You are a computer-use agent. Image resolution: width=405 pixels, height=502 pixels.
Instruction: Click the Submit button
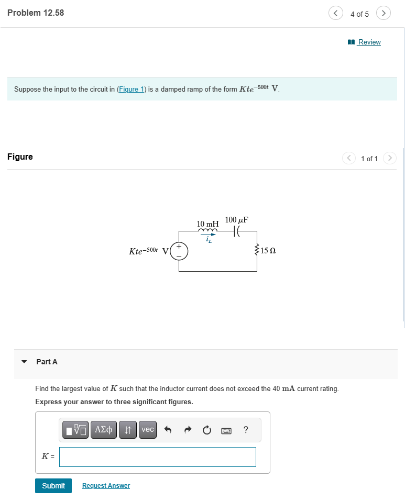tap(53, 486)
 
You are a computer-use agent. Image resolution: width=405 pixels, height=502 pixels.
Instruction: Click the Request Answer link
tap(106, 486)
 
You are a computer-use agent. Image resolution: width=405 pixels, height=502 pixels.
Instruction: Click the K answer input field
tap(158, 457)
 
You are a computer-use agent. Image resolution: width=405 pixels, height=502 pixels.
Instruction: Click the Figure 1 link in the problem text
tap(131, 90)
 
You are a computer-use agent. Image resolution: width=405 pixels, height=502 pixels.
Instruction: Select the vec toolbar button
tap(148, 430)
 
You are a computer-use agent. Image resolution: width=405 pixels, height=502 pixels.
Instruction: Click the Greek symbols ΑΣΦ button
tap(104, 430)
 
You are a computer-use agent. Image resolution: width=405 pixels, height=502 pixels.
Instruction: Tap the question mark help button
tap(246, 430)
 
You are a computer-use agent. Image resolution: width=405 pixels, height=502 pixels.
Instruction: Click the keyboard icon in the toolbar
tap(226, 430)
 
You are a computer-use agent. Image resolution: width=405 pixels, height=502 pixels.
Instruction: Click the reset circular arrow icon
tap(207, 430)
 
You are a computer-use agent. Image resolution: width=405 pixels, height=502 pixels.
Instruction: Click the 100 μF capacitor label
tap(236, 220)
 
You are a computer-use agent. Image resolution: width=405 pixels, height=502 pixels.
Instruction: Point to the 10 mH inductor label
tap(207, 224)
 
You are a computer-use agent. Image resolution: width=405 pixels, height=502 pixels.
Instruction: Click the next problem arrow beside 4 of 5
tap(384, 14)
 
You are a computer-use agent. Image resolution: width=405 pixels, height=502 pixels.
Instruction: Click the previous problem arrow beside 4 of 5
tap(335, 14)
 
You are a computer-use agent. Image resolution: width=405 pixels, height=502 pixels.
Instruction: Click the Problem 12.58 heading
tap(36, 13)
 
